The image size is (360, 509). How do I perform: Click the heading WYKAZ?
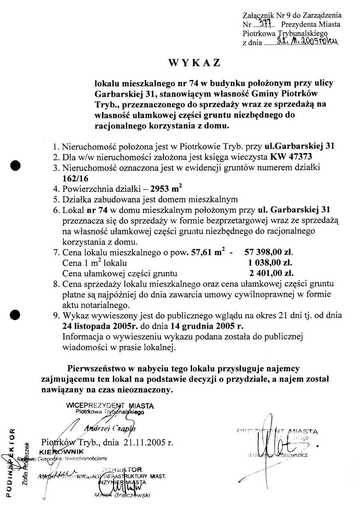click(194, 63)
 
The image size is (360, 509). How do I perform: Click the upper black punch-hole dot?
click(16, 166)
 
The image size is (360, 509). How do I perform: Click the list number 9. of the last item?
click(57, 315)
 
